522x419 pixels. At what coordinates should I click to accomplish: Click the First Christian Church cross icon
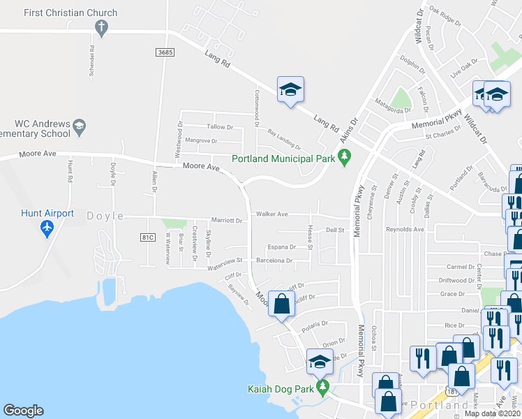point(101,28)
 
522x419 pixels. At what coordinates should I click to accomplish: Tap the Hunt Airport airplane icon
point(47,227)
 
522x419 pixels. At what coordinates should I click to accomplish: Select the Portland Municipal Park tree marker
point(344,159)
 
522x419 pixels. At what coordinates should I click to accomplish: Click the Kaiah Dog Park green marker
point(322,386)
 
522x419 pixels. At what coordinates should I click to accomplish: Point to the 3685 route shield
point(164,52)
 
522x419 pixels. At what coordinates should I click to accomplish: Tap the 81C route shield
point(147,237)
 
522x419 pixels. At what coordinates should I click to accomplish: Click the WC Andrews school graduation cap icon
point(80,126)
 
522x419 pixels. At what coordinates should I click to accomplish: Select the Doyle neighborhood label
point(105,216)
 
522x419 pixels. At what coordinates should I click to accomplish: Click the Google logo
point(23,411)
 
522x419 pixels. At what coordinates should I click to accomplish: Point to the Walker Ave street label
point(272,214)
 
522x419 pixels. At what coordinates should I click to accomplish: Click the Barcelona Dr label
point(274,260)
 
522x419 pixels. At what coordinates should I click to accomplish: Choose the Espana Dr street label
point(282,247)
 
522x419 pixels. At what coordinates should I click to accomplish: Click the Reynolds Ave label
point(405,229)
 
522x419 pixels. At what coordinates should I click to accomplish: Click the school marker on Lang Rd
point(290,89)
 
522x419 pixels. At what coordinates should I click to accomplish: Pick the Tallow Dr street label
point(220,127)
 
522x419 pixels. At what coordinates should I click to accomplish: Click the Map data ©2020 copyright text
point(493,413)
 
